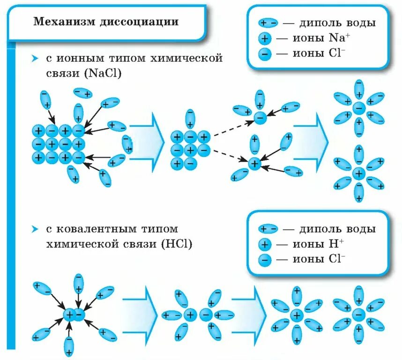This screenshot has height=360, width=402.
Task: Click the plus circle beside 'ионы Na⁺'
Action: [x=265, y=38]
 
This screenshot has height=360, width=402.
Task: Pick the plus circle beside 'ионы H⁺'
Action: [x=265, y=244]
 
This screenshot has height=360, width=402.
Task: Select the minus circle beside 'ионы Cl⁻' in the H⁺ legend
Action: [x=265, y=259]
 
